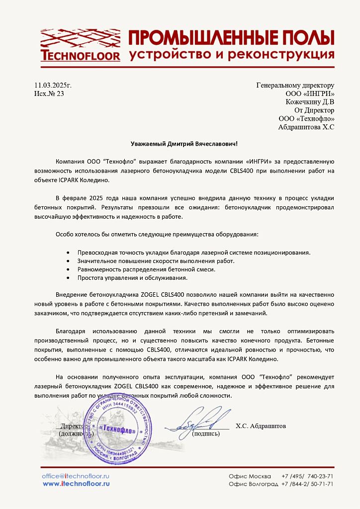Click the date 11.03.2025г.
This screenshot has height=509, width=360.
coord(53,85)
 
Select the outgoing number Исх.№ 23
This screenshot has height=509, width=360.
coord(49,93)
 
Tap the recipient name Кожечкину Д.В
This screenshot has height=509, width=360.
coord(310,102)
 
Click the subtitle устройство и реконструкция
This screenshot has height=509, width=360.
coord(231,54)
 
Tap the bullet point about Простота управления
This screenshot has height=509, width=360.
coord(132,278)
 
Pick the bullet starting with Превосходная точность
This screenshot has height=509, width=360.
coord(194,253)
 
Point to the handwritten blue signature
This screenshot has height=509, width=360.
coord(199,420)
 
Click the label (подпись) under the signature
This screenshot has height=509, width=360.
coord(205,433)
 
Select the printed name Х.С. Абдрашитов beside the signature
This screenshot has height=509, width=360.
coord(261,426)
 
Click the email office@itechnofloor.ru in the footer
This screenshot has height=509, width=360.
coord(76,476)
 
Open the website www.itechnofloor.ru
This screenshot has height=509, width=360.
coord(76,484)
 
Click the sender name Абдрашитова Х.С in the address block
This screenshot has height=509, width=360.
coord(306,127)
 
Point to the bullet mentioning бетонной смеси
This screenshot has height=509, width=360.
coord(146,269)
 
